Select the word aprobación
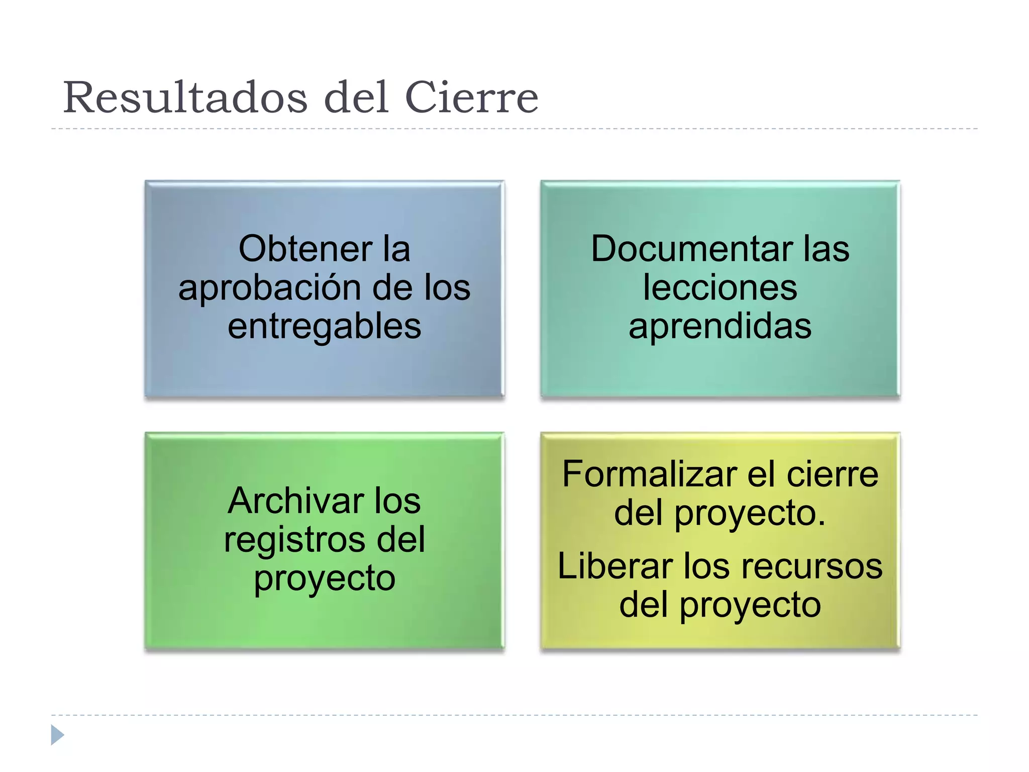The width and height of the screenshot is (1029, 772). click(270, 288)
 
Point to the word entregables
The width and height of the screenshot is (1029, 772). click(324, 327)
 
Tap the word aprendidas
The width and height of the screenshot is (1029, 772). click(720, 327)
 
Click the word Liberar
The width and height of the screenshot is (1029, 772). click(615, 566)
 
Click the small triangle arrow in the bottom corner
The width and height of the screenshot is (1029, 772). click(57, 735)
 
